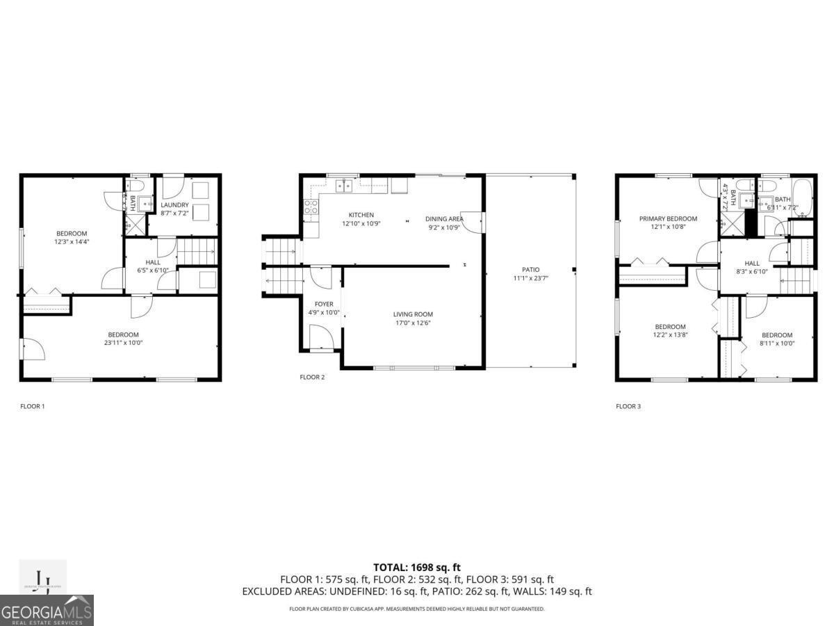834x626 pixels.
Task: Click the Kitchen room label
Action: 361,215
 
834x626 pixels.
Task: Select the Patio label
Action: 530,269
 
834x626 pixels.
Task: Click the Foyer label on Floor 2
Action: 324,304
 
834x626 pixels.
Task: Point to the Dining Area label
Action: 444,219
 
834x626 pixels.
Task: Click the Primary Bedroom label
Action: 668,218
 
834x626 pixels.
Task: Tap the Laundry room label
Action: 174,204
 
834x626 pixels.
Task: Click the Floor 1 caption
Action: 33,406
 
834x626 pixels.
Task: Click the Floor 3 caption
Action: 628,406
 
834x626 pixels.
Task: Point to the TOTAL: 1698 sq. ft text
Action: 417,568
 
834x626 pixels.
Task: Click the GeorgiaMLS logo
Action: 47,610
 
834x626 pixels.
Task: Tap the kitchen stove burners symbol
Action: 311,206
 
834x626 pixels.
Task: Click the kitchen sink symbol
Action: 343,185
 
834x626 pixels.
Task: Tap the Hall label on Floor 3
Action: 752,264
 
